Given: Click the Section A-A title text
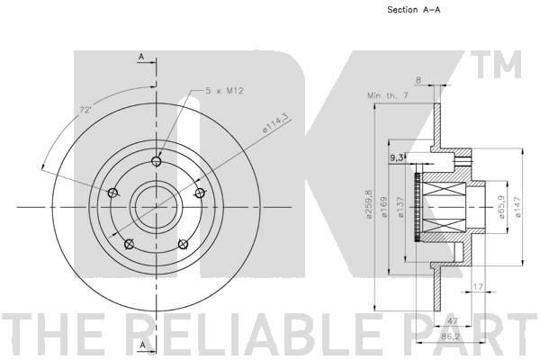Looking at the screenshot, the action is (414, 10).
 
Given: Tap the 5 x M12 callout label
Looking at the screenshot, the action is (224, 91).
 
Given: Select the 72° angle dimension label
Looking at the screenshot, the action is (85, 110).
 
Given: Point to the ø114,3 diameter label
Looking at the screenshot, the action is (275, 123).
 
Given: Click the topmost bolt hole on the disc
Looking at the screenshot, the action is (157, 161).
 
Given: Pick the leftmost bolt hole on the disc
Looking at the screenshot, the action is (112, 193).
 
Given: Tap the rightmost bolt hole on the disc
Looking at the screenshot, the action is (200, 193).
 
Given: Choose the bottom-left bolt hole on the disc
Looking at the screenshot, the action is (129, 244).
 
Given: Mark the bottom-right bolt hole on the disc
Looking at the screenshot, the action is (184, 244).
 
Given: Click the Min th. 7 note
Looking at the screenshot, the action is (387, 95).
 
